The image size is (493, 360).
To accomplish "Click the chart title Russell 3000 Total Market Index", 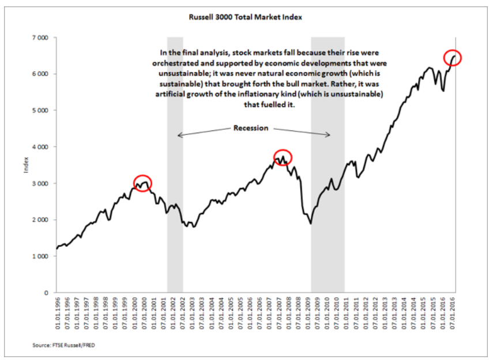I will [x=246, y=17].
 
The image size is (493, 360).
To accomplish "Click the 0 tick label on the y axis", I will [x=45, y=292].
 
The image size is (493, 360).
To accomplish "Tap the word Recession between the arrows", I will [x=251, y=128].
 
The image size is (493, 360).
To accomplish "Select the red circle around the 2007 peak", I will [x=283, y=157].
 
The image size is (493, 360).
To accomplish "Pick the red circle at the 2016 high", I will [x=453, y=57].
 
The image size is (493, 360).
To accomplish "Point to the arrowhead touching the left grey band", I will [x=179, y=136].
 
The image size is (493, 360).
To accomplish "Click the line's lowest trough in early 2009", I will [x=311, y=223].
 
